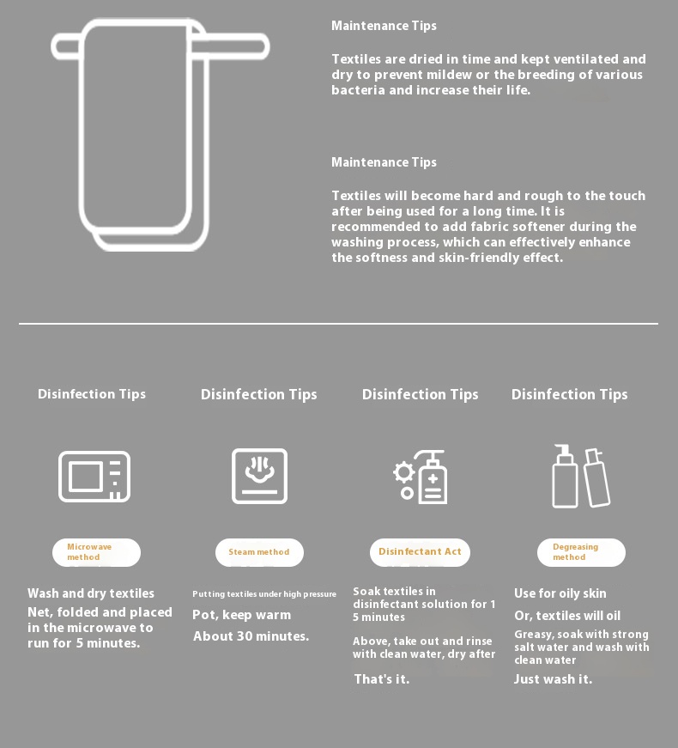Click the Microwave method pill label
(x=96, y=552)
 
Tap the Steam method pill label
(x=259, y=552)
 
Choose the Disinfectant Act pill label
(x=420, y=552)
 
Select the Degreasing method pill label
(x=581, y=552)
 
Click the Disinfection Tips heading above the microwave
(x=92, y=394)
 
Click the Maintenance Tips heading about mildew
(x=384, y=26)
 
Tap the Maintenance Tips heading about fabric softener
(x=384, y=162)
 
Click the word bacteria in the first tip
(x=358, y=90)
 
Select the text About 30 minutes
(x=251, y=636)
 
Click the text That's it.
(x=381, y=679)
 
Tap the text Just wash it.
(x=553, y=679)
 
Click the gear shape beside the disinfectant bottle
(x=404, y=472)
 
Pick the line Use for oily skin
(x=560, y=593)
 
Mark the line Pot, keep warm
(x=242, y=615)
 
